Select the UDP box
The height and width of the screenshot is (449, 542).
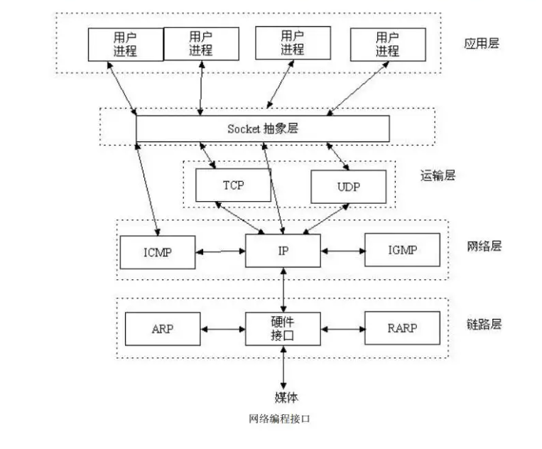(x=348, y=188)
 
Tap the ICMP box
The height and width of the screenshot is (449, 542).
(x=157, y=251)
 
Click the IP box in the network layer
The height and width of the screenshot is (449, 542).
(x=283, y=251)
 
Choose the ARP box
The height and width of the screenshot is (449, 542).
(x=163, y=329)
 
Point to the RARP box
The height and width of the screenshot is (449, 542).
(x=401, y=328)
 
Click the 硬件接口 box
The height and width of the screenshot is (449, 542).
(x=283, y=328)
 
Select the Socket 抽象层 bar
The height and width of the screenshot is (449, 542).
(x=262, y=129)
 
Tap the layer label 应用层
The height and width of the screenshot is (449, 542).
(x=482, y=43)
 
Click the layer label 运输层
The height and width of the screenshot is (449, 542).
(x=438, y=174)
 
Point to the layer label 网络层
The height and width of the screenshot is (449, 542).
(x=484, y=247)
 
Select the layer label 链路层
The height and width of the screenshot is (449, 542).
(x=484, y=324)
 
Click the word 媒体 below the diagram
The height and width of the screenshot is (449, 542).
(x=283, y=396)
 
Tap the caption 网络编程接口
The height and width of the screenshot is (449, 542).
(x=279, y=418)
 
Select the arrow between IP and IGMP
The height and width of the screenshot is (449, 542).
(x=342, y=251)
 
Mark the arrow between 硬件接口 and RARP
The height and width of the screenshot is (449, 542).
(x=342, y=329)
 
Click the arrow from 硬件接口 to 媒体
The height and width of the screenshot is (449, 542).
(x=283, y=366)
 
